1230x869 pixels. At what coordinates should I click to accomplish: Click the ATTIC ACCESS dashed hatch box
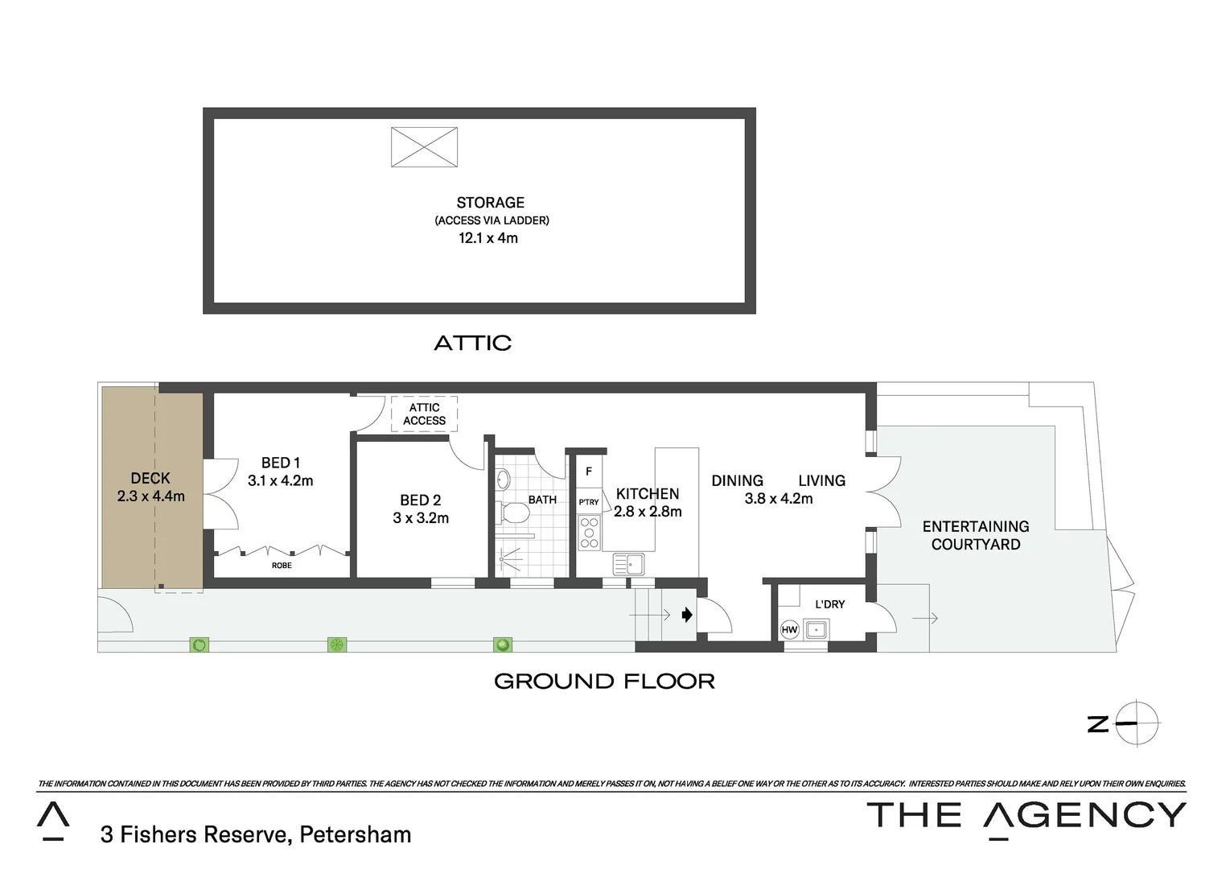pos(424,414)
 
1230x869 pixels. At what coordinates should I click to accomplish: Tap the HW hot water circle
pos(789,629)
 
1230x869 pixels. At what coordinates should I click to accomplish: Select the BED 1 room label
pos(280,463)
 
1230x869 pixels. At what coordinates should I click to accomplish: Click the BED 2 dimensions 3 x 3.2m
pos(421,518)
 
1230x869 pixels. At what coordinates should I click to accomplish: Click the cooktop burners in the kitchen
pos(589,533)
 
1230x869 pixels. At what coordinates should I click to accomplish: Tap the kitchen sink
pos(628,563)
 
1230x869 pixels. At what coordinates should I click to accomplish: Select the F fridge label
pos(588,472)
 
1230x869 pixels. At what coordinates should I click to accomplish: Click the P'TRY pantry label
pos(589,502)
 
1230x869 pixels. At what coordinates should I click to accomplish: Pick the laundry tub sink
pos(817,628)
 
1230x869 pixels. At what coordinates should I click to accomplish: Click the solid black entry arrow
pos(686,616)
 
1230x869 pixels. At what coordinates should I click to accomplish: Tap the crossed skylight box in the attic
pos(424,147)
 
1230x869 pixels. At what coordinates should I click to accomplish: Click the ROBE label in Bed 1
pos(282,566)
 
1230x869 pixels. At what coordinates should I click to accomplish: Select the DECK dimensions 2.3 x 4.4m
pos(151,496)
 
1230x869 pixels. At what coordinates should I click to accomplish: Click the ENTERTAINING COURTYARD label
pos(976,535)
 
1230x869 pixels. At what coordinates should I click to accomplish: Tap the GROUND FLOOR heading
pos(604,682)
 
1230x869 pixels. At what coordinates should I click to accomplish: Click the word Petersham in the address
pos(355,834)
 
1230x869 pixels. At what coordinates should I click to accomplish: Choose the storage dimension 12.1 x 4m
pos(488,238)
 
